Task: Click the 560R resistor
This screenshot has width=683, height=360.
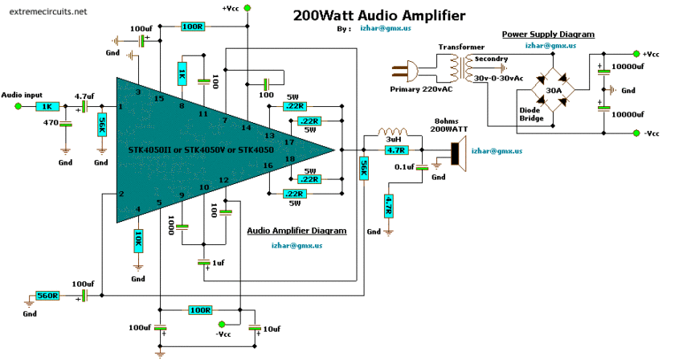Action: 48,296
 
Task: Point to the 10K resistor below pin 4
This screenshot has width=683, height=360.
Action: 138,239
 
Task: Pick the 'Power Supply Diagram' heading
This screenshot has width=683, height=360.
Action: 548,35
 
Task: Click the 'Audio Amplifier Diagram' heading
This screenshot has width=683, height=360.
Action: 297,230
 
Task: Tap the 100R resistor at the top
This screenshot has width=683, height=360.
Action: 192,27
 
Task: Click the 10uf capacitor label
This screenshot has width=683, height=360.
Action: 272,328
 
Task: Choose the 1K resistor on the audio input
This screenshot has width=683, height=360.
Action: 47,105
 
